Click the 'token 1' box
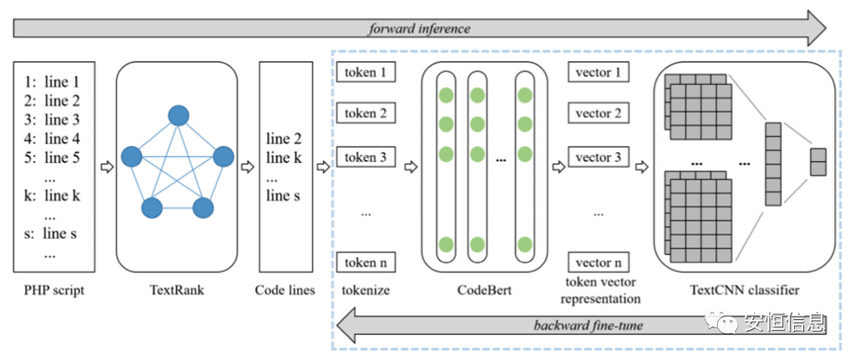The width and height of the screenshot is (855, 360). (x=365, y=73)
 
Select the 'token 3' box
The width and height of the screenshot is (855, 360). (x=365, y=157)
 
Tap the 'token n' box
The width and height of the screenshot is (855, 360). (x=365, y=262)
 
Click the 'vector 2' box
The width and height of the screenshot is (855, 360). (x=598, y=114)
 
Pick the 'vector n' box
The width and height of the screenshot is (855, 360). (x=598, y=262)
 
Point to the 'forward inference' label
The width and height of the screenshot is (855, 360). (x=419, y=28)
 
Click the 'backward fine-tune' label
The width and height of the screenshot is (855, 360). (x=588, y=325)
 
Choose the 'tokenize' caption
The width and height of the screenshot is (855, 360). (x=366, y=291)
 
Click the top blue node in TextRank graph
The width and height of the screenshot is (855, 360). (x=177, y=116)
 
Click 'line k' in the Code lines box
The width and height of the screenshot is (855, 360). (x=286, y=157)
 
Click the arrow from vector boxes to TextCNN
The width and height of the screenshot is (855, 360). (x=641, y=166)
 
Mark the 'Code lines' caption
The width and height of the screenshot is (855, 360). (x=286, y=291)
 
